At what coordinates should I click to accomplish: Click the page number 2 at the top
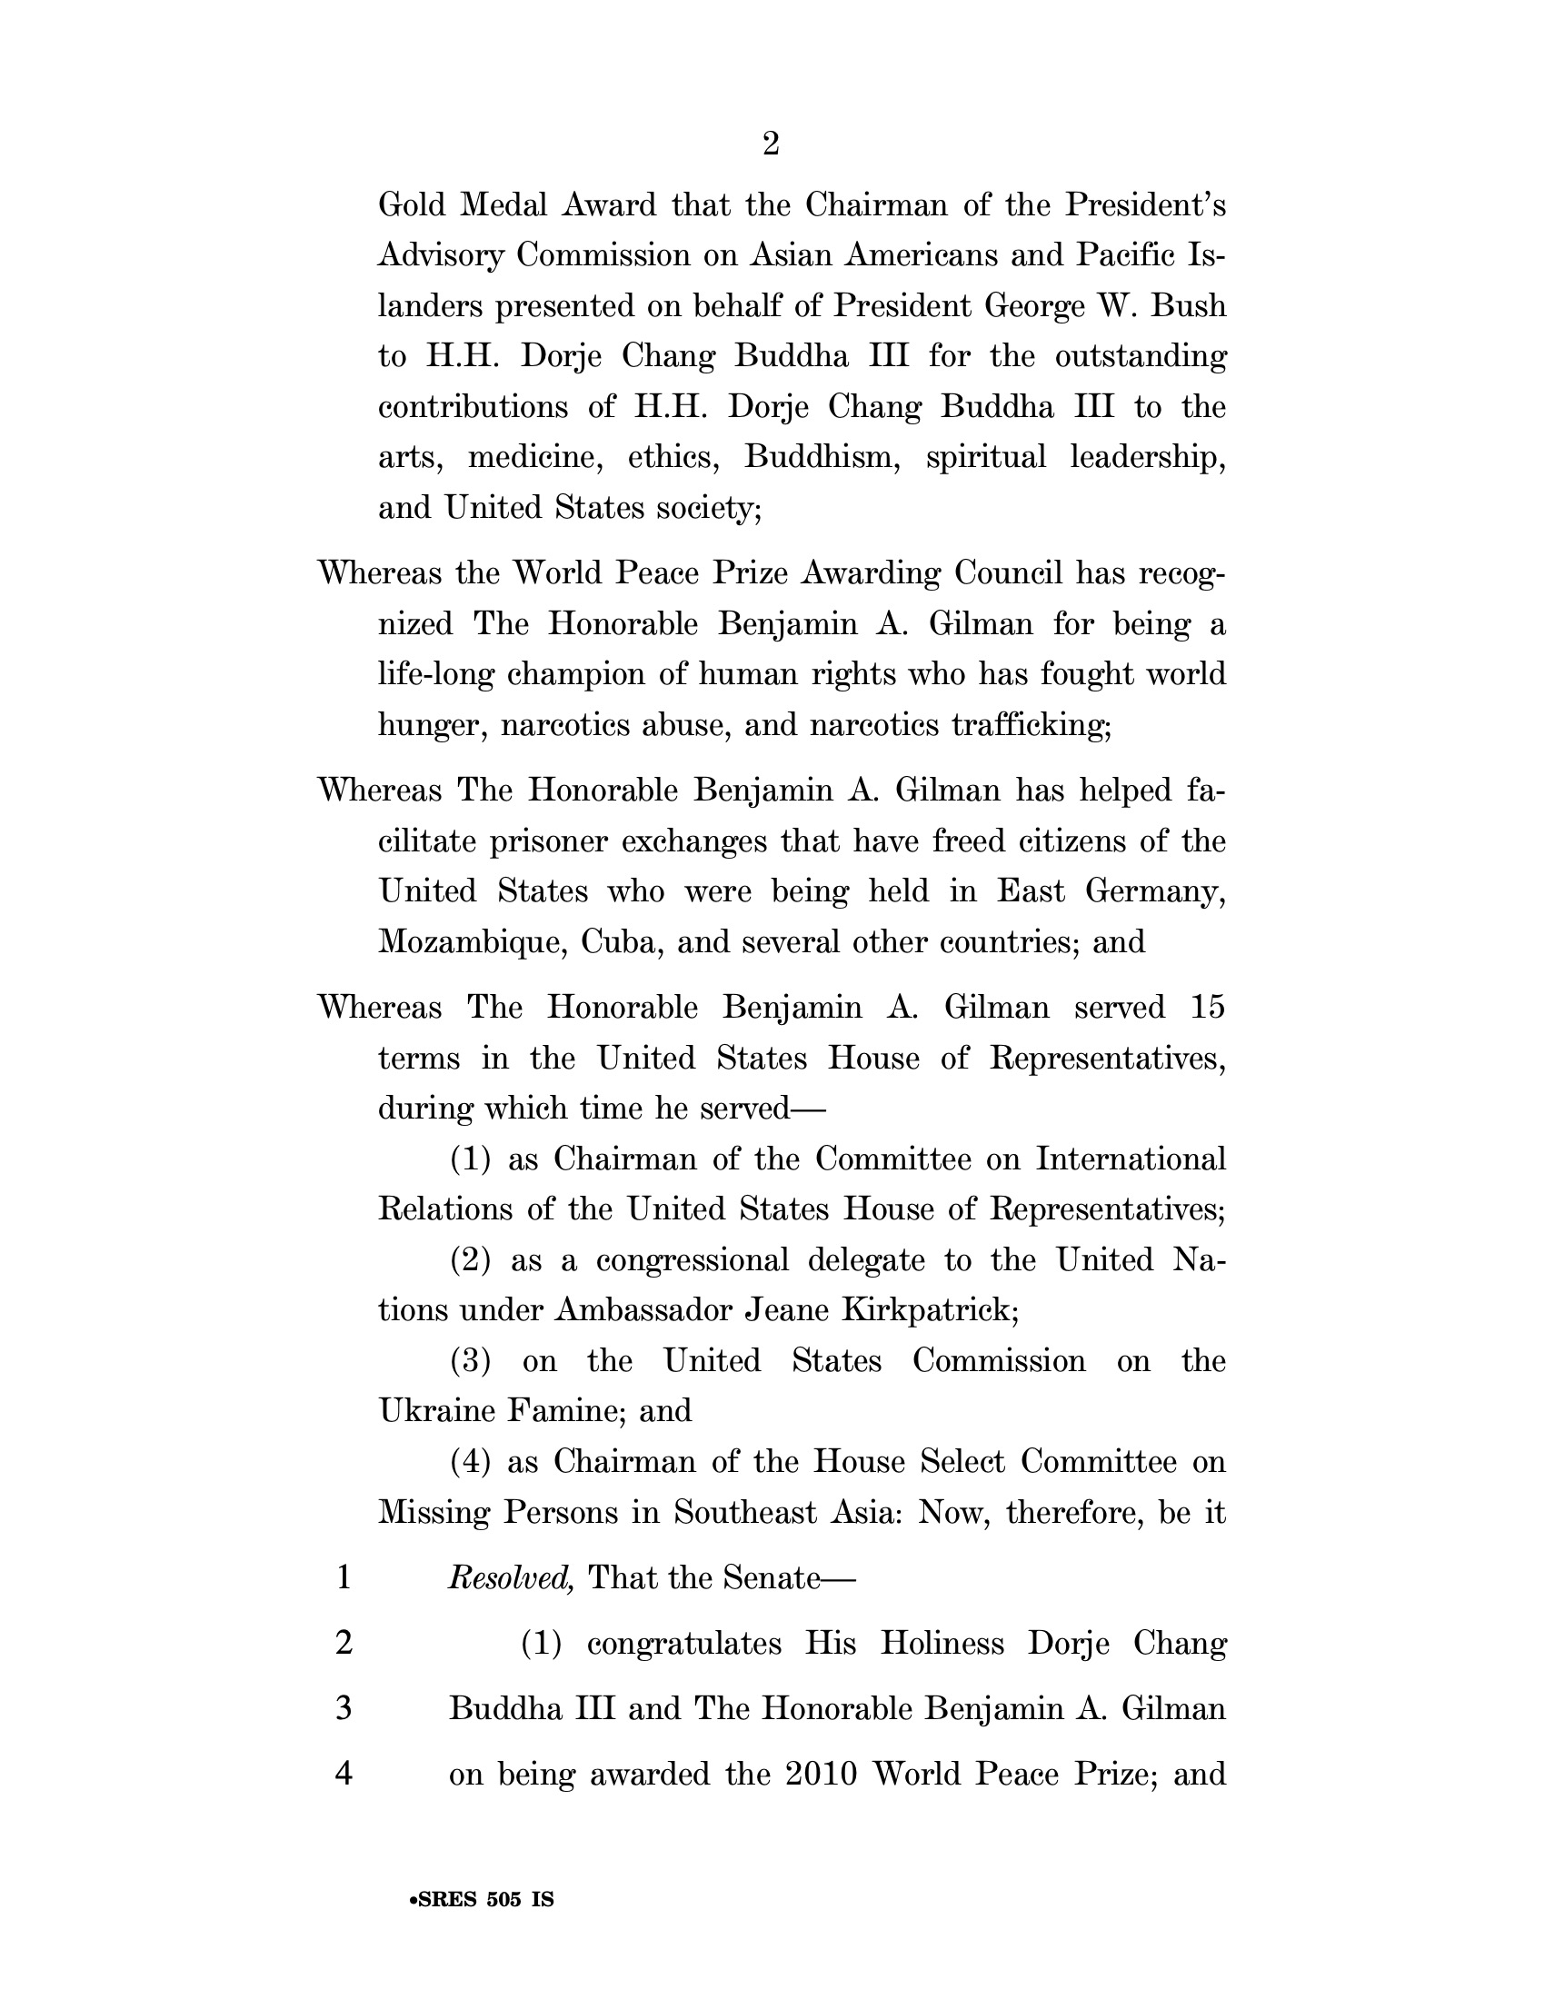tap(771, 144)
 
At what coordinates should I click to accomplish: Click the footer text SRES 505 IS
tap(483, 1899)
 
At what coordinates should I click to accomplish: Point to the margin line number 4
tap(344, 1774)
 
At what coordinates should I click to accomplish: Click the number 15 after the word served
tap(1207, 1008)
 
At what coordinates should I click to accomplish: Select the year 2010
tap(821, 1774)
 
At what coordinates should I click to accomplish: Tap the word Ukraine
tap(436, 1410)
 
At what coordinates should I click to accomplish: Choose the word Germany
tap(1155, 891)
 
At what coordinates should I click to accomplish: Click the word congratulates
tap(683, 1644)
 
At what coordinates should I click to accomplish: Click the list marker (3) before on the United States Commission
tap(471, 1361)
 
